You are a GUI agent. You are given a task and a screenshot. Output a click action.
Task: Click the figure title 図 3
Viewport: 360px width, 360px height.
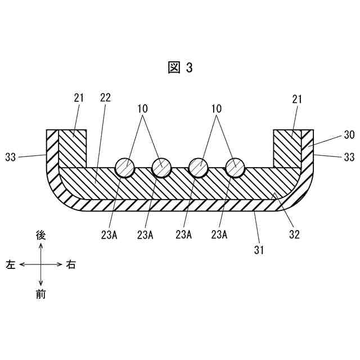coord(180,67)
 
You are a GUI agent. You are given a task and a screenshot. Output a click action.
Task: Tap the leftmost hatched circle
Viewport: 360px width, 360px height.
coord(125,167)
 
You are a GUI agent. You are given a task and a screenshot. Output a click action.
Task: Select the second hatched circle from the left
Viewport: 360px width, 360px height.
coord(162,167)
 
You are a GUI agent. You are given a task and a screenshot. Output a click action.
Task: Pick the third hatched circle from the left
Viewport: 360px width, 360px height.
coord(198,167)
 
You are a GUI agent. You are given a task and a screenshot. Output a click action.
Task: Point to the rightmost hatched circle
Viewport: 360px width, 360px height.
coord(235,167)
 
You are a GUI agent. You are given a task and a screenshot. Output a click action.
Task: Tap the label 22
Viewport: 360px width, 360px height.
coord(105,98)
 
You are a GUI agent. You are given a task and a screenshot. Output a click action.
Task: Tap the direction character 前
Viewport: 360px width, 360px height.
coord(40,294)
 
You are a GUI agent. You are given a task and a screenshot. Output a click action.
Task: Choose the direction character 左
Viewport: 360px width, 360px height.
coord(11,264)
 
